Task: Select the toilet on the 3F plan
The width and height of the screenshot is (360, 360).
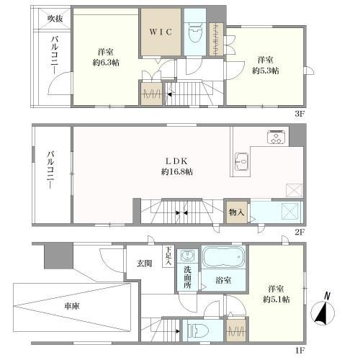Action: tap(194, 32)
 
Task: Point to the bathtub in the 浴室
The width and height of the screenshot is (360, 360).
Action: tap(223, 257)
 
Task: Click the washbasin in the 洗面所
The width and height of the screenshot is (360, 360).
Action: tap(186, 257)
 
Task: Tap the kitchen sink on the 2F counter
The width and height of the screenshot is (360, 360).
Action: tap(240, 163)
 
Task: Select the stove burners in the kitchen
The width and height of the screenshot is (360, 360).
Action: tap(276, 137)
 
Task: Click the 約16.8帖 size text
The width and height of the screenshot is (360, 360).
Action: tap(176, 172)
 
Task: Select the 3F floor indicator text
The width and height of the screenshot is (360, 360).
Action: tap(300, 112)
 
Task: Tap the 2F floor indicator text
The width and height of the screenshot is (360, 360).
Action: tap(300, 233)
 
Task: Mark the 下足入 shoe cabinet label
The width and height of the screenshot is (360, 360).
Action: tap(168, 256)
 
